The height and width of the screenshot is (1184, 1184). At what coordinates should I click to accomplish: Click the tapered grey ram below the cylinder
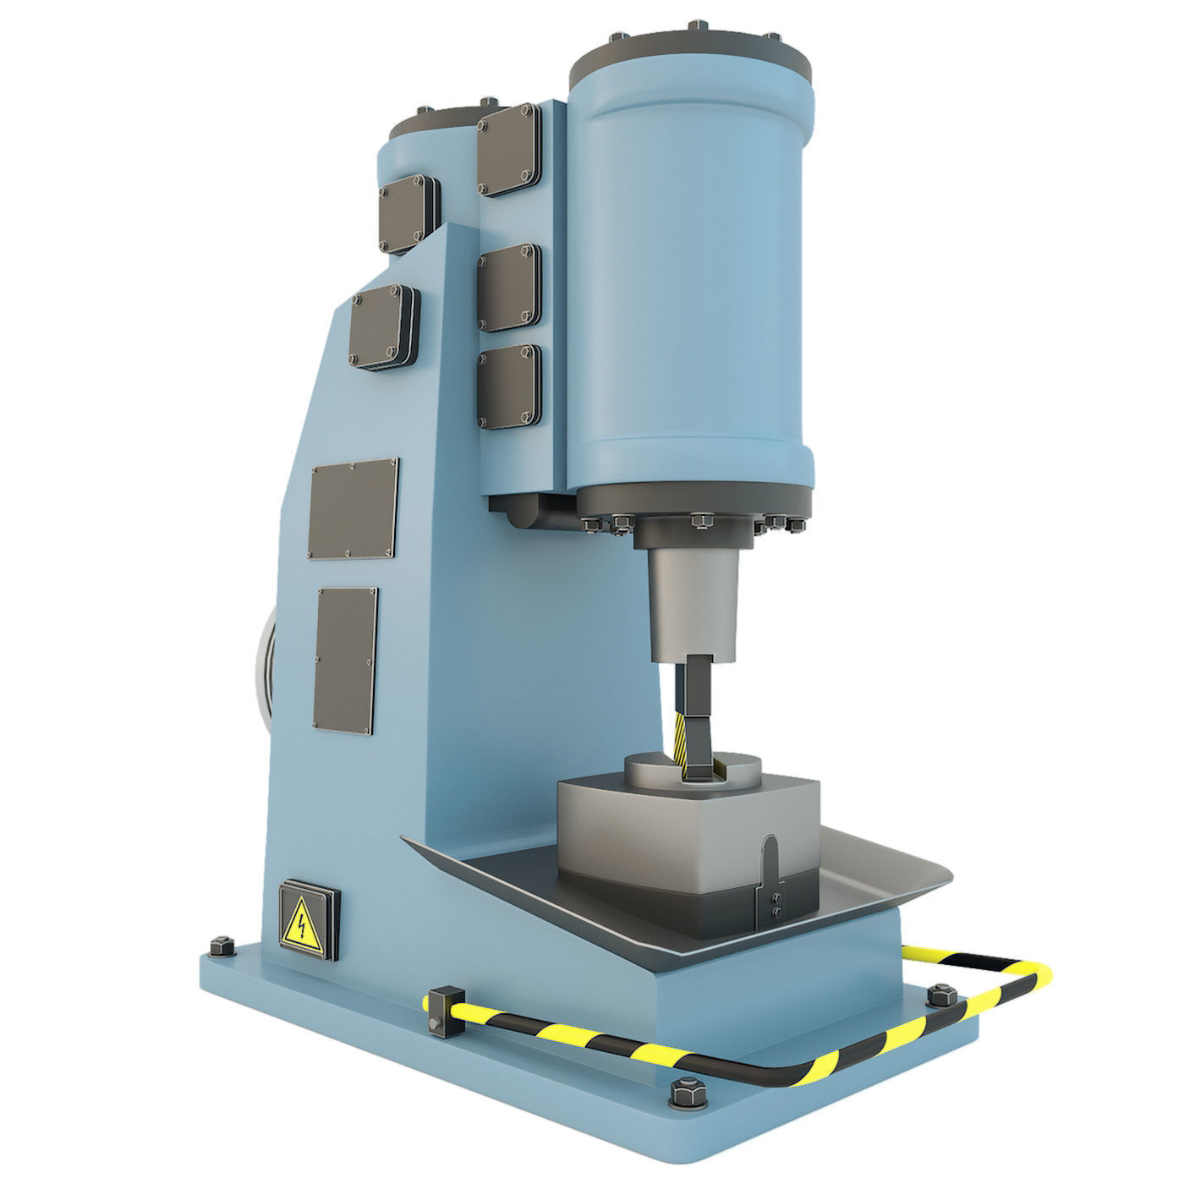coord(694,600)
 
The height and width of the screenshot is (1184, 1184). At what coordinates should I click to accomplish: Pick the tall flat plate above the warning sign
coord(347,661)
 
